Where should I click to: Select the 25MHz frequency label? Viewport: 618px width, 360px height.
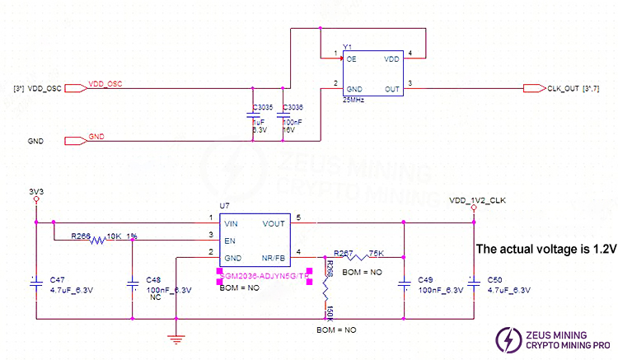[x=354, y=101]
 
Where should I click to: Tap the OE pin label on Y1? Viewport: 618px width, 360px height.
[x=351, y=59]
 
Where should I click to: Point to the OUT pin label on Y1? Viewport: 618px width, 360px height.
[x=391, y=87]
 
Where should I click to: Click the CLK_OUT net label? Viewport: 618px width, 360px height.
[x=564, y=87]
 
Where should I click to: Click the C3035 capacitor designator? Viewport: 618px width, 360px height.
[x=263, y=108]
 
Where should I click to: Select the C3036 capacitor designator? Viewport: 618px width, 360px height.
[x=293, y=108]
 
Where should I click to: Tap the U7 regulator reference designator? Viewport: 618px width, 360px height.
[x=224, y=205]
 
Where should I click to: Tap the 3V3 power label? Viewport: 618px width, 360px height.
[x=35, y=193]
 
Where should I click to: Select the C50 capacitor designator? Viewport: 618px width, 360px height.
[x=496, y=280]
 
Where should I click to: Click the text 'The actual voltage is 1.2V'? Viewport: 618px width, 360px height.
[x=545, y=248]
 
